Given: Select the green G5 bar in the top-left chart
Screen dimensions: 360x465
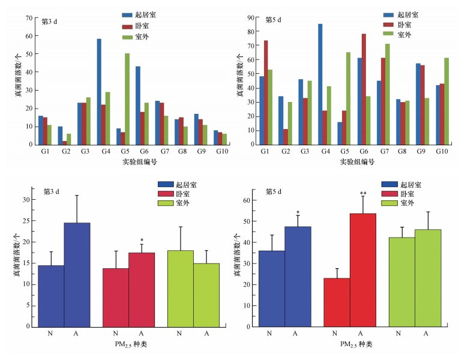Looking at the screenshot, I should pos(127,99).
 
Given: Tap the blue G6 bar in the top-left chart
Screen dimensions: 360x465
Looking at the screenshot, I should pos(137,105).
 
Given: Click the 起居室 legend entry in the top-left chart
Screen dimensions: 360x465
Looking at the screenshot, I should pos(144,14).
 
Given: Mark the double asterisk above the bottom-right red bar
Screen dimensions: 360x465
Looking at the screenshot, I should pos(363,193).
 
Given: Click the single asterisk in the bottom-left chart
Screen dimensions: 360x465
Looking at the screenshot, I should pos(142,239).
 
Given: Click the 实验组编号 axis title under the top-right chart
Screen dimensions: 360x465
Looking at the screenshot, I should pos(356,162).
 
